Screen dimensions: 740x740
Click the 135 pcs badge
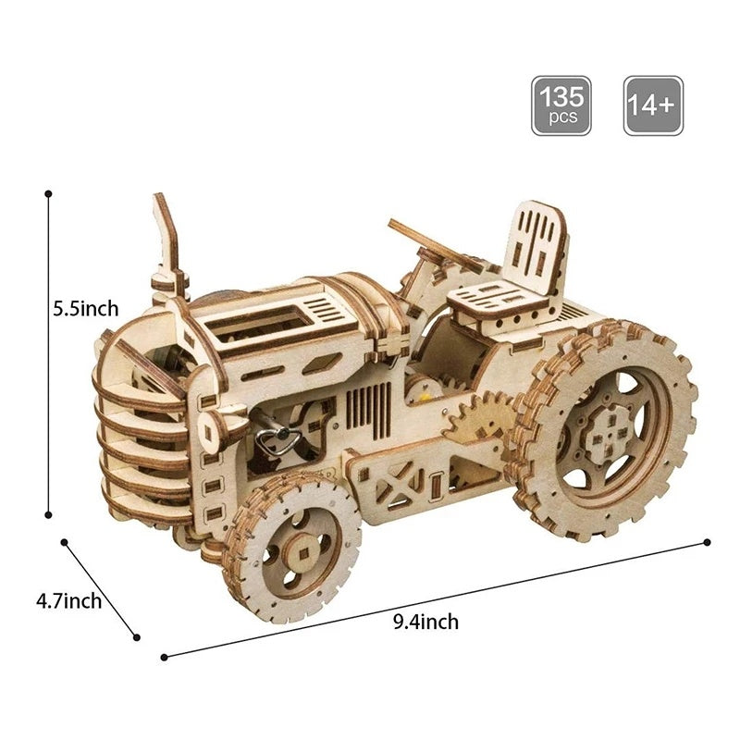561,105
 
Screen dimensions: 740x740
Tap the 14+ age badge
653,105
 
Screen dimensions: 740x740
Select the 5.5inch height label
85,309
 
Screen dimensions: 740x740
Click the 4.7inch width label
68,601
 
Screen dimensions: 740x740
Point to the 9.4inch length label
425,622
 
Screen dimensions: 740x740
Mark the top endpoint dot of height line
48,194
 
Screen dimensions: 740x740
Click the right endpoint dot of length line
708,542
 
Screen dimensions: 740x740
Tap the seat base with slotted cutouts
496,299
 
